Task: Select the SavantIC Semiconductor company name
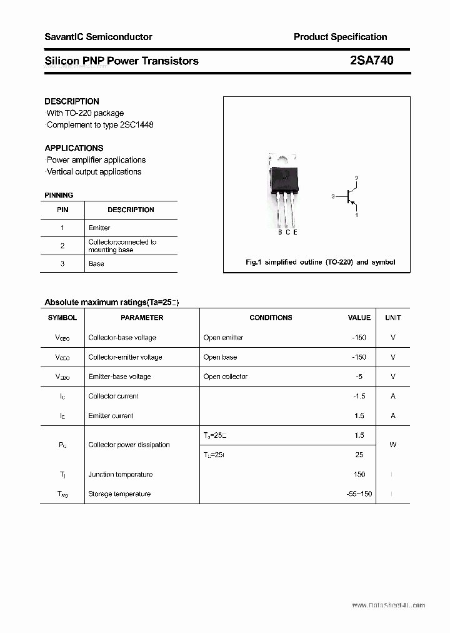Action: (98, 37)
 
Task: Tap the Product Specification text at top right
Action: (340, 37)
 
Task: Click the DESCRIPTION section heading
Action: (72, 101)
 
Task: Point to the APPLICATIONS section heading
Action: (74, 148)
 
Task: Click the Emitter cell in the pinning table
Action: (99, 228)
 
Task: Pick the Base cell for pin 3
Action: (96, 264)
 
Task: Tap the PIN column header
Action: (62, 210)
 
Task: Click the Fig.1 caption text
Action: (320, 262)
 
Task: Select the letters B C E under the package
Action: (287, 233)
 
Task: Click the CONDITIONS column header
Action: (271, 318)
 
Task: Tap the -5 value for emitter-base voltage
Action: (357, 377)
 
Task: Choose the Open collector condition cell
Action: (226, 377)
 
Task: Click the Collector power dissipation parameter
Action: (129, 445)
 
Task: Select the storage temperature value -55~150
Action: (359, 494)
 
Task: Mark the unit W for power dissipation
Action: (392, 445)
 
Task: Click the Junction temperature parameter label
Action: (120, 475)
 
